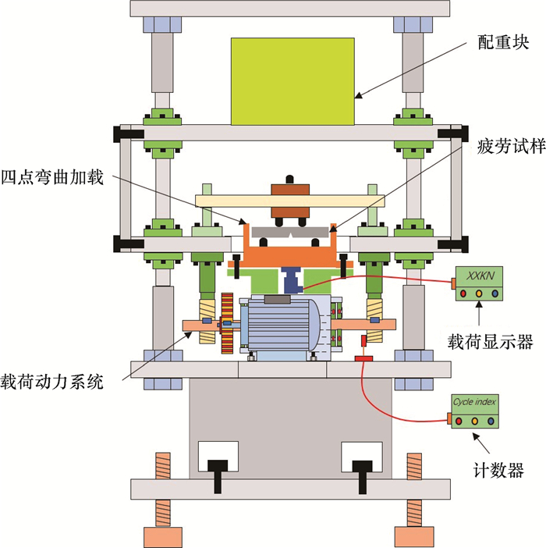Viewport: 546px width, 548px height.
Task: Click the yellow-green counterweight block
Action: pos(292,80)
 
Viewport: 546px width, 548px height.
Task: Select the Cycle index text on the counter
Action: pos(475,403)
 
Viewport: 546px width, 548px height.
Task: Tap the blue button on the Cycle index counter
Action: pos(491,422)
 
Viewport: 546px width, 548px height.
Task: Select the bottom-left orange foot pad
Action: pos(162,536)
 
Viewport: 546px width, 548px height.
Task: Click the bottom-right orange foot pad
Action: pos(413,536)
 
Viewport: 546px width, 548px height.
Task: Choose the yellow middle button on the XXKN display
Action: pos(477,294)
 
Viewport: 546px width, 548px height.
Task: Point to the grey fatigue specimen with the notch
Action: pos(290,232)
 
